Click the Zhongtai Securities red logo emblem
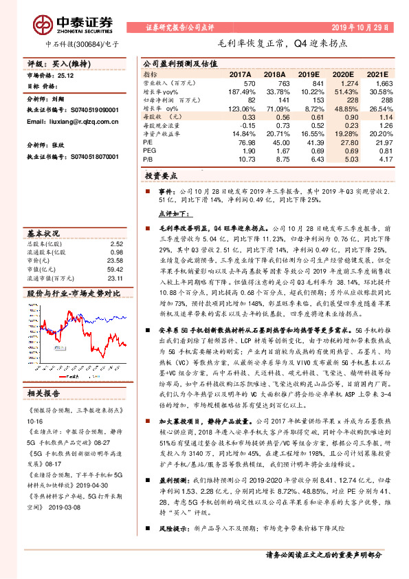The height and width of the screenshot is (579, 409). click(45, 23)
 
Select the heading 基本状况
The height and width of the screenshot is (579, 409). click(44, 232)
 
